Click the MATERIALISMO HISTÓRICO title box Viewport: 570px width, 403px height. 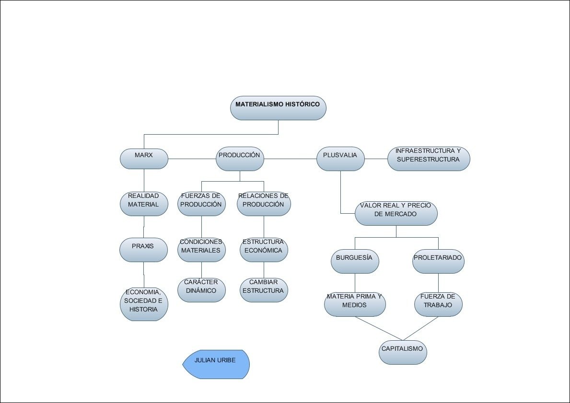pos(278,108)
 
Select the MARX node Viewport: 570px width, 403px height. pos(144,159)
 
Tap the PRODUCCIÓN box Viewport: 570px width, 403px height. pos(240,159)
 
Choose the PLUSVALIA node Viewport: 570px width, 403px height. pos(340,159)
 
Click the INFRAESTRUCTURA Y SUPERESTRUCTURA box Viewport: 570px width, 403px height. pos(429,159)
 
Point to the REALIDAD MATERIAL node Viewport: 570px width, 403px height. pos(144,204)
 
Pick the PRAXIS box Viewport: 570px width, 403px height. pos(144,250)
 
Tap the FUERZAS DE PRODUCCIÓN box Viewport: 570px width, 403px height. pos(201,204)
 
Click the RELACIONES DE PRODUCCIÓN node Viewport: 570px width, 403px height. pos(264,204)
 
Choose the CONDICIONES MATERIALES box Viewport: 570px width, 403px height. pos(201,250)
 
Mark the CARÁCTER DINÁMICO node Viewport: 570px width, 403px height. pos(201,290)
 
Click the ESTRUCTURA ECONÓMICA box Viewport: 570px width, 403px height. pos(264,250)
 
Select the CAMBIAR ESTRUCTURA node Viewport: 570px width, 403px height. pos(264,290)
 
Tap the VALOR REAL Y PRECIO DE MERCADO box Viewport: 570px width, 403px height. pos(396,213)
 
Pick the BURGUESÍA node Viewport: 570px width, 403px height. pos(355,261)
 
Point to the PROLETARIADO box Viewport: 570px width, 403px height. pos(438,261)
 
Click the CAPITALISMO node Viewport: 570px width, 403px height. pos(403,352)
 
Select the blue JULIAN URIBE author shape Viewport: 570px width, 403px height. pos(217,364)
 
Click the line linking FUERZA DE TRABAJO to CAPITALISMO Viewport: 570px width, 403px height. pos(421,328)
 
